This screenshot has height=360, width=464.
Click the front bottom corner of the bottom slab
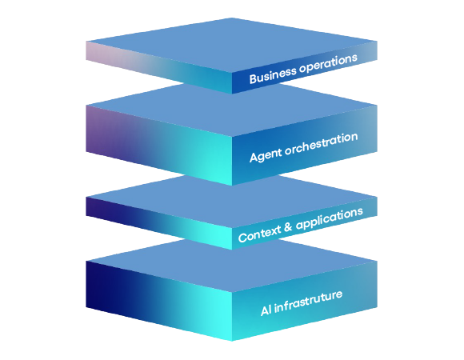click(232, 341)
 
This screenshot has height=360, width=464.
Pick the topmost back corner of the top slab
click(231, 18)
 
